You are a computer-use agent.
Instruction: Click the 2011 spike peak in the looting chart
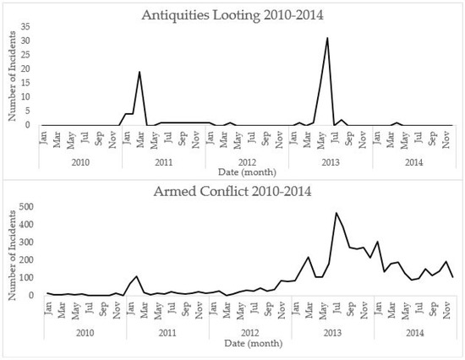pos(139,72)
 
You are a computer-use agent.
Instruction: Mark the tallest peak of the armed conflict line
pos(336,213)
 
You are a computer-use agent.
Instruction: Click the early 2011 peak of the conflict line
pos(138,276)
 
